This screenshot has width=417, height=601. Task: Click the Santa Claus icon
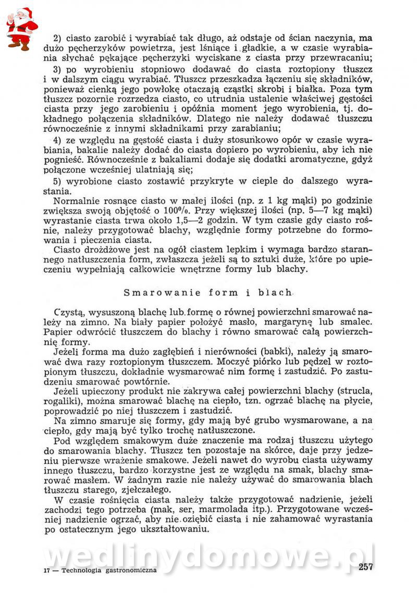click(21, 28)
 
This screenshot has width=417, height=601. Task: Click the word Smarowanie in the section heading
click(153, 292)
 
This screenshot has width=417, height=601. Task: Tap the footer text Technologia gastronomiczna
click(109, 570)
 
